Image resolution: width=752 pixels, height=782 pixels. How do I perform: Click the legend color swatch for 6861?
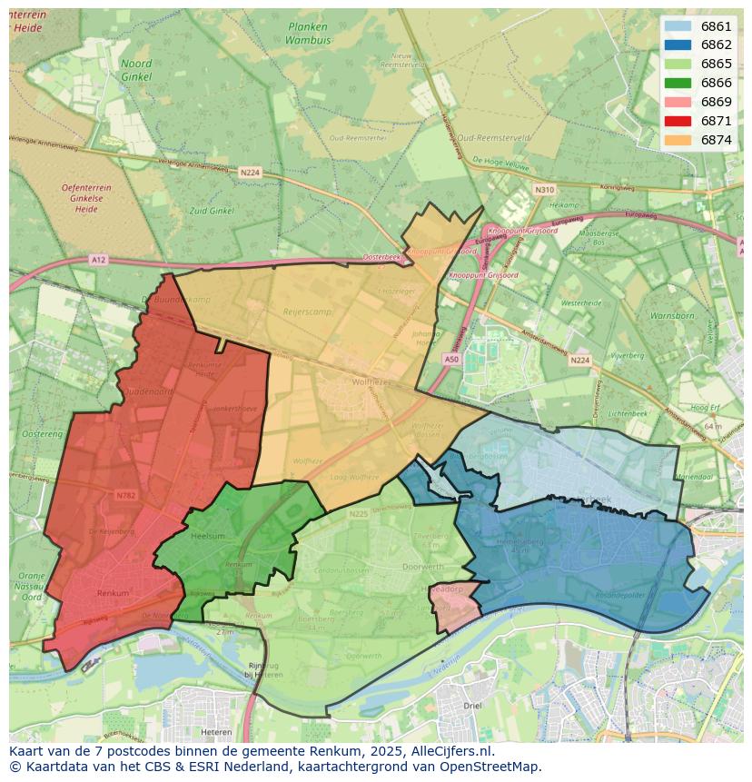(678, 26)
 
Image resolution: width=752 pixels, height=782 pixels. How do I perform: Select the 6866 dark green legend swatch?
(678, 83)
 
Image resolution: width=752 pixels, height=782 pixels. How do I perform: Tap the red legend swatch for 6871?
(678, 121)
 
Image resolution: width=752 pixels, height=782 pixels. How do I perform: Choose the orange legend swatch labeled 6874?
(678, 140)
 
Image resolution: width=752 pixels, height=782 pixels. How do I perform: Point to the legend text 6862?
(716, 45)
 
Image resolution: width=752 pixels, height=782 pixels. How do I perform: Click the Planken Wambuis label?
(307, 34)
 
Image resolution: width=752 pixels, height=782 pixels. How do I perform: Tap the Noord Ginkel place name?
(136, 70)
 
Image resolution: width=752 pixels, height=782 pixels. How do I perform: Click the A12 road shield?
(98, 260)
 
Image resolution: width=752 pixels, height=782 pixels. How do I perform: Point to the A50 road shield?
(451, 360)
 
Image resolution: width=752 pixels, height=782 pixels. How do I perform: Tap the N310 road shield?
(544, 190)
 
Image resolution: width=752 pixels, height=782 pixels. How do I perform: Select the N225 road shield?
(359, 514)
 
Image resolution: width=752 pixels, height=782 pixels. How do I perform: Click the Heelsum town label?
(209, 537)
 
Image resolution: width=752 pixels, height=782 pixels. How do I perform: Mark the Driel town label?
(472, 705)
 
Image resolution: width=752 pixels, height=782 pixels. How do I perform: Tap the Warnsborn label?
(671, 316)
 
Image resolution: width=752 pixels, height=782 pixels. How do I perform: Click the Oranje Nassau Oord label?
(32, 586)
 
